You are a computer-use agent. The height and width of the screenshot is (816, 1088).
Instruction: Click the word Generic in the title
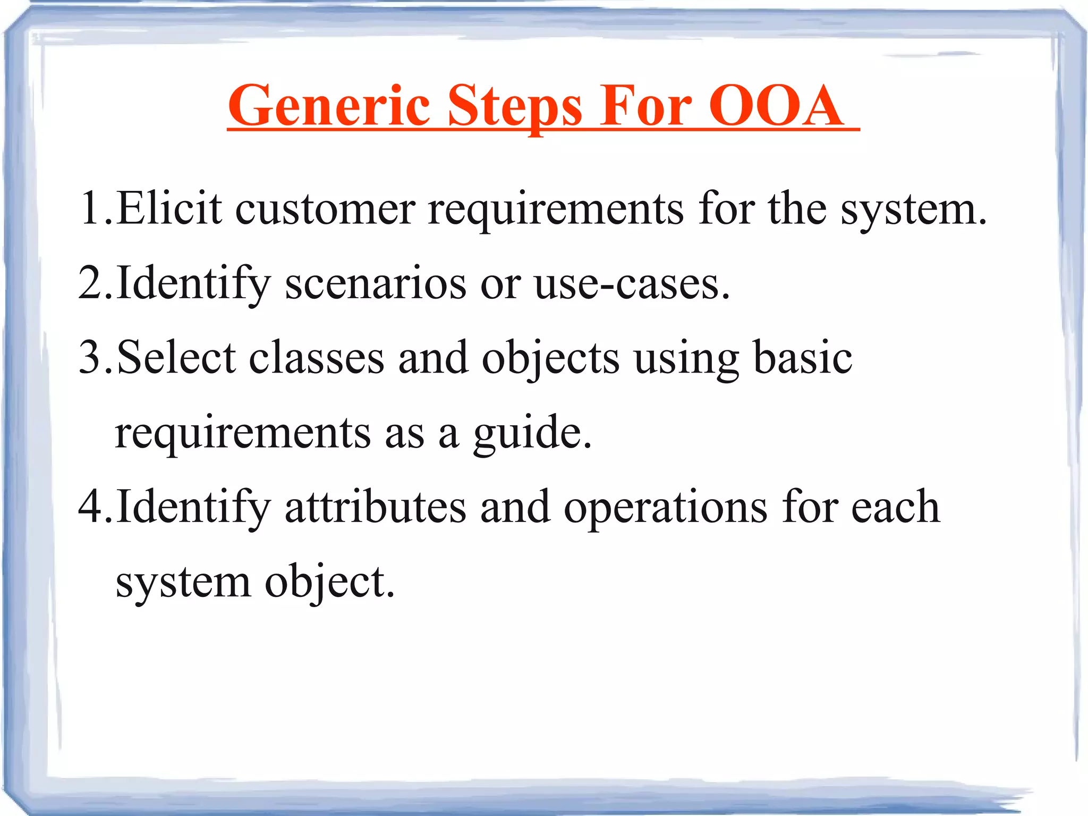click(328, 106)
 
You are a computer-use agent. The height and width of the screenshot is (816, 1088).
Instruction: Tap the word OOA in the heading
click(776, 106)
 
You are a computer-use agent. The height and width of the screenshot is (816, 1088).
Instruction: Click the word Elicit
click(169, 208)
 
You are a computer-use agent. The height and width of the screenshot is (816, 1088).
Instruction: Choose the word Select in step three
click(176, 357)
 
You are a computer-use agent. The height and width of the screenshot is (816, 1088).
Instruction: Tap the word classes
click(317, 357)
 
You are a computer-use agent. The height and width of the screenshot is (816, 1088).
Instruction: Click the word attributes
click(375, 506)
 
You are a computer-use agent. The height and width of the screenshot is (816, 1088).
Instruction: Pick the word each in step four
click(896, 506)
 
